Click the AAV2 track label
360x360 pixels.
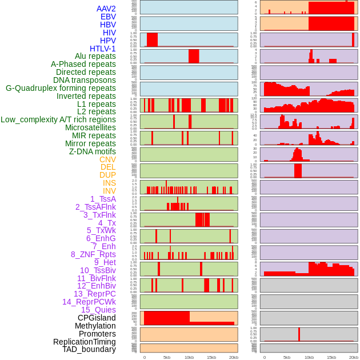(x=106, y=9)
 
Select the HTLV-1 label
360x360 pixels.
(x=102, y=49)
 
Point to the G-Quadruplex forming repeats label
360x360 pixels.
(x=61, y=88)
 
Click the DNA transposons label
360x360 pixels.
(x=85, y=80)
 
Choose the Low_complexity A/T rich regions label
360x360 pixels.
(x=58, y=119)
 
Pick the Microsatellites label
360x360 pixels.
(x=90, y=127)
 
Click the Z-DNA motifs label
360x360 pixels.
(x=93, y=151)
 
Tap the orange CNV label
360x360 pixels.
(x=107, y=159)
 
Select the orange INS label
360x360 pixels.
(x=109, y=183)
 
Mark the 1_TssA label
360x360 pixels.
(x=103, y=199)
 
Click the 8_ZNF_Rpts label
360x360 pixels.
(x=93, y=254)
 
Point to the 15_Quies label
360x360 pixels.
(x=98, y=310)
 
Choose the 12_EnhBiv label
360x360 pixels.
(x=97, y=286)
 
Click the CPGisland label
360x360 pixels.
(x=97, y=318)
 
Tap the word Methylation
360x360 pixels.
(x=95, y=326)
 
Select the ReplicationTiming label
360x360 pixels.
(x=85, y=342)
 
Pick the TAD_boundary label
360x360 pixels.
(x=89, y=349)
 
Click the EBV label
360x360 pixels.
(x=108, y=17)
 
